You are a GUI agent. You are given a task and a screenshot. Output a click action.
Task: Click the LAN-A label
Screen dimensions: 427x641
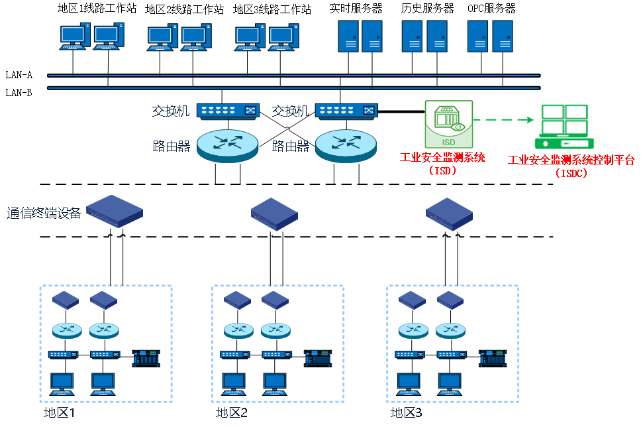coord(19,75)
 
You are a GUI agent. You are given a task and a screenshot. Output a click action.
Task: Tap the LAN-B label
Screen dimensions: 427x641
coord(19,92)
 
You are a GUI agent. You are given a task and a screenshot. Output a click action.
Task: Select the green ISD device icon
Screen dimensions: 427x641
coord(448,124)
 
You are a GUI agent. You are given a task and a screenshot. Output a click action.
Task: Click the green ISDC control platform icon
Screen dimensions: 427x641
coord(564,127)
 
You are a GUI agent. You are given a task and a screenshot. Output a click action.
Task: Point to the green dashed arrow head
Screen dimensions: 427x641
coord(529,120)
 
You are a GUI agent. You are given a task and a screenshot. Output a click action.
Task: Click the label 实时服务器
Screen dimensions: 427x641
coord(356,9)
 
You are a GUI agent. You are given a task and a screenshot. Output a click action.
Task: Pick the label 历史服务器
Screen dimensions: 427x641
coord(428,9)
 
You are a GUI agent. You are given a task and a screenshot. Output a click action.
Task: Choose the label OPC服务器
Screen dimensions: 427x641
coord(491,9)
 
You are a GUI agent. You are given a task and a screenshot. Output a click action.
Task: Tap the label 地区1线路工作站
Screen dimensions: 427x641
coord(97,9)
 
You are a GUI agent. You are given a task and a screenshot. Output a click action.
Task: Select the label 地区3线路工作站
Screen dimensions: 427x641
coord(272,9)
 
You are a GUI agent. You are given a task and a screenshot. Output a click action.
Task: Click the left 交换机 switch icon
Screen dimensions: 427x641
coord(227,111)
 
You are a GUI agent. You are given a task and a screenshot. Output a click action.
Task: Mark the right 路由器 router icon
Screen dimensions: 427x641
coord(344,145)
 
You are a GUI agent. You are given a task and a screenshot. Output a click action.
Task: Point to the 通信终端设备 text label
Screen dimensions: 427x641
coord(44,213)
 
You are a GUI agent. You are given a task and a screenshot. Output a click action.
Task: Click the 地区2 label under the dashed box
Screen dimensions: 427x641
coord(232,413)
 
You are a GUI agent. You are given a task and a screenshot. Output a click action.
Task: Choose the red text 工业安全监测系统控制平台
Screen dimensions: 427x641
coord(571,160)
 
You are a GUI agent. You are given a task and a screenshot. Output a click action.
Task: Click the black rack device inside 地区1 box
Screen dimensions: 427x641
coord(146,358)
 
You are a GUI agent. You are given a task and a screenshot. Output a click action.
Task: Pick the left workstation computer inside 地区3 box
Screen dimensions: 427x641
coord(409,384)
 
